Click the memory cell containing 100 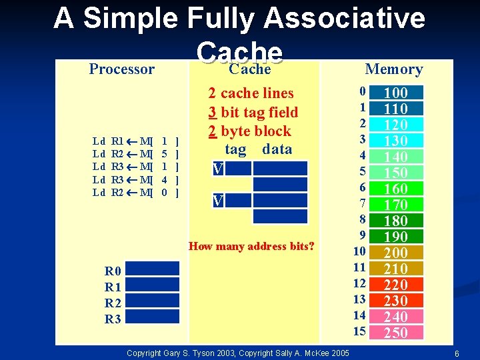point(396,93)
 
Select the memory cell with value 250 point(396,333)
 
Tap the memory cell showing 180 point(396,221)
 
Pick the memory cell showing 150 point(396,173)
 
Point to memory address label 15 point(359,331)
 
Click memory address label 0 point(362,91)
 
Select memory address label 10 point(359,251)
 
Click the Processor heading point(122,69)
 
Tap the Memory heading point(394,69)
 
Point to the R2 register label point(113,303)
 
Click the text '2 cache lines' point(251,93)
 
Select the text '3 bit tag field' point(253,112)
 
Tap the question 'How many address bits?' point(251,247)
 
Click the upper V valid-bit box point(217,169)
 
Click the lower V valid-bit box point(217,201)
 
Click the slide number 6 point(456,353)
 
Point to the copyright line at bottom point(237,352)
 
